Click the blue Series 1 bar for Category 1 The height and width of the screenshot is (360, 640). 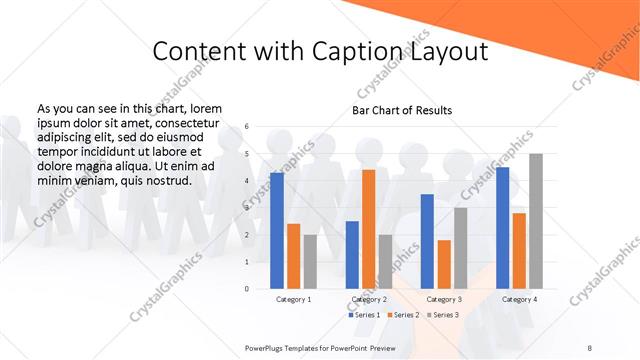click(277, 231)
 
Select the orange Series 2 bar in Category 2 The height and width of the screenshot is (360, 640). click(369, 229)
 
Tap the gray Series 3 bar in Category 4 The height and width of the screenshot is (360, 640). click(535, 221)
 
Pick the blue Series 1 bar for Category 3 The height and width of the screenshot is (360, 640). click(427, 241)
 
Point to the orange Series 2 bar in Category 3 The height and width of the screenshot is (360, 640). click(444, 264)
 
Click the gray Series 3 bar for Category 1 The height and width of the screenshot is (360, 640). click(310, 262)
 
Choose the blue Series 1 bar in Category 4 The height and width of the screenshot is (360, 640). click(502, 228)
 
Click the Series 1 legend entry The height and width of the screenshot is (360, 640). click(364, 314)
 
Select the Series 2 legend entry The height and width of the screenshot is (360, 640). click(403, 314)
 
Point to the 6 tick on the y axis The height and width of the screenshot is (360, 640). click(247, 127)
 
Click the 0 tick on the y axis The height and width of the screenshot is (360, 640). click(247, 288)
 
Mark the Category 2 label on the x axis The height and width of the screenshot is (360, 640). click(369, 299)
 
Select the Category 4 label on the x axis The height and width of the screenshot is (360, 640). click(519, 299)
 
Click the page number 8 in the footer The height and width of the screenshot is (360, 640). click(589, 348)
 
